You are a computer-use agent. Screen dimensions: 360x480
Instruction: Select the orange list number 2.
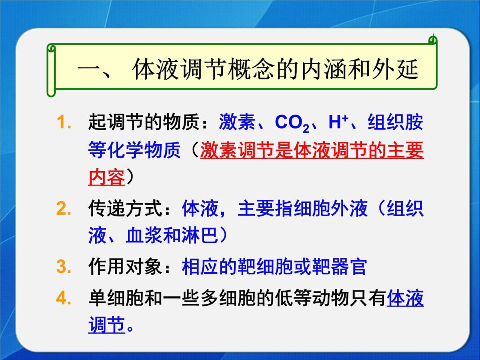click(63, 209)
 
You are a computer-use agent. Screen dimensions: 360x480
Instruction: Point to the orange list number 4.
click(63, 299)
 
